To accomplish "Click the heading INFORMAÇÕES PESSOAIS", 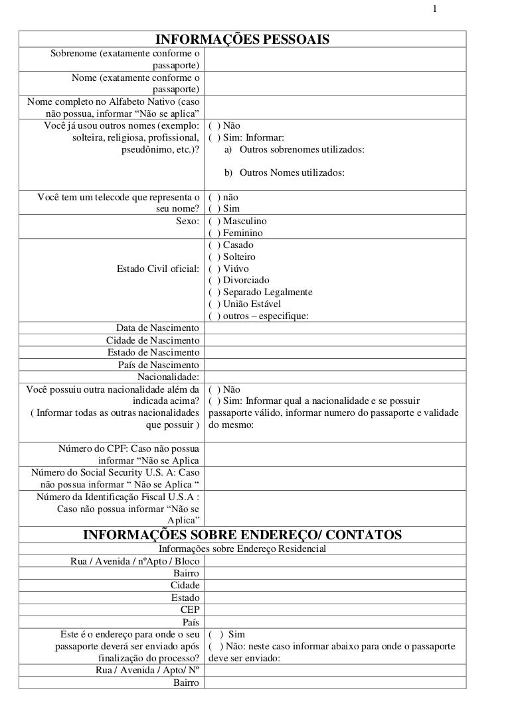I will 242,40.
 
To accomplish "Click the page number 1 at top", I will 434,9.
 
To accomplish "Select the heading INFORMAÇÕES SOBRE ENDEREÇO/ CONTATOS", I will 242,535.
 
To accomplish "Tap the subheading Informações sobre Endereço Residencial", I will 242,549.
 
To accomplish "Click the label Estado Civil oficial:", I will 158,269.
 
